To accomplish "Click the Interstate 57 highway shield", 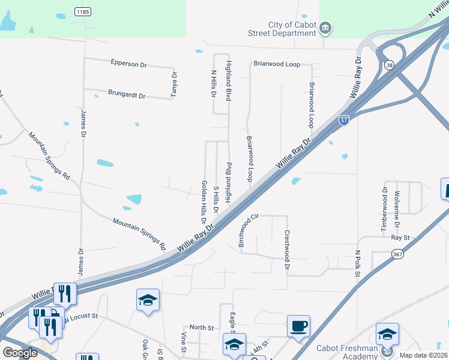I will [x=344, y=120].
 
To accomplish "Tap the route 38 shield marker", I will [x=390, y=66].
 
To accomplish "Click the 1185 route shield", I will [x=83, y=11].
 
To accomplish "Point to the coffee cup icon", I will [x=298, y=326].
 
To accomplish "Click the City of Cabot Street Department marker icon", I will [x=325, y=28].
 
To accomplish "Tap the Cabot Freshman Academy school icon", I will [x=387, y=334].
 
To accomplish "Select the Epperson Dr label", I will [x=128, y=63].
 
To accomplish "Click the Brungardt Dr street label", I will [x=127, y=94].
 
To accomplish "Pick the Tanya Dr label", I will [x=175, y=85].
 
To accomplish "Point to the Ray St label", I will [x=400, y=238].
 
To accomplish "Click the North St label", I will [x=202, y=328].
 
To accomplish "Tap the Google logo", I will [x=20, y=352].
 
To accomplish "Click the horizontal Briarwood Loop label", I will [x=277, y=63].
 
